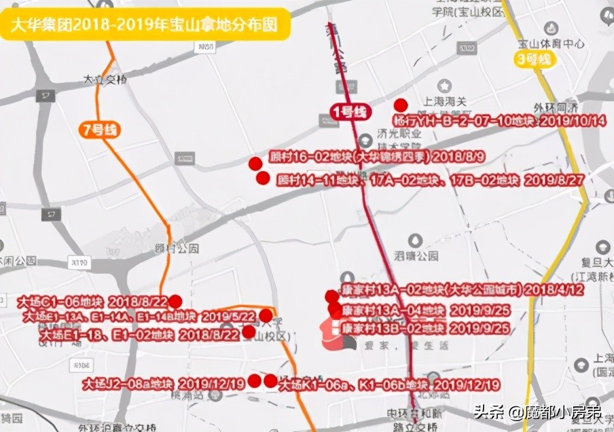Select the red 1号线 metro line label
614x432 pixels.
point(348,111)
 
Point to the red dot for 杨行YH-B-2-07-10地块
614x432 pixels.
point(401,105)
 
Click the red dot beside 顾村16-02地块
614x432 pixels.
point(255,163)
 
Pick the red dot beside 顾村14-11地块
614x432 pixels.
point(263,178)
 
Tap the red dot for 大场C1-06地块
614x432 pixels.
point(175,302)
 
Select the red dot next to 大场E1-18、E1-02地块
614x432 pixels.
point(249,332)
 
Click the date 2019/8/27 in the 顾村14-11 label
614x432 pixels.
point(554,181)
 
